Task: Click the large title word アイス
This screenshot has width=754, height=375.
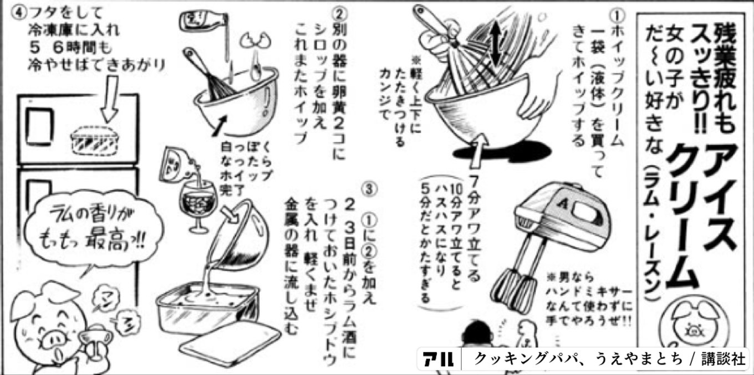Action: (719, 183)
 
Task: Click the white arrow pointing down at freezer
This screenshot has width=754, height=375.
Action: (111, 97)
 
